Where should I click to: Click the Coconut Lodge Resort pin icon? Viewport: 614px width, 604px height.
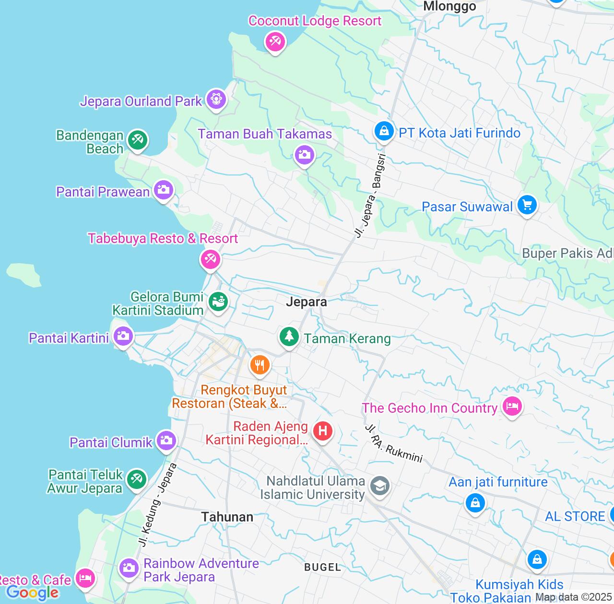[275, 42]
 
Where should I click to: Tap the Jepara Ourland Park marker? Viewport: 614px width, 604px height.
[216, 100]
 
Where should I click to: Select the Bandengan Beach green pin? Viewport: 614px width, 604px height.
[138, 140]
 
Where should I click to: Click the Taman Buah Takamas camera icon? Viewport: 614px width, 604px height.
[304, 155]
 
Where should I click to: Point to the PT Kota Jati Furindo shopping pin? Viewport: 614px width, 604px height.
[384, 130]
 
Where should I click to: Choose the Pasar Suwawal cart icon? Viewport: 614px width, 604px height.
[527, 205]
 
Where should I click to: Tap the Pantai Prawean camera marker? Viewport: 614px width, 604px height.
[164, 190]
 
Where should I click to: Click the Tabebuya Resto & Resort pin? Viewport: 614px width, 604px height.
[210, 259]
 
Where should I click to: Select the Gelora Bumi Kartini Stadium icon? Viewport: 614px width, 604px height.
[218, 302]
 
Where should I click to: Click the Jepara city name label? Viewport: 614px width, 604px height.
[307, 302]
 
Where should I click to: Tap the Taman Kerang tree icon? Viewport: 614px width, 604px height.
[289, 337]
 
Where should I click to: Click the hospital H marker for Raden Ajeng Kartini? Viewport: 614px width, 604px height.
[323, 431]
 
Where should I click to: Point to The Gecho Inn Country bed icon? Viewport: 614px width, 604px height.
[512, 407]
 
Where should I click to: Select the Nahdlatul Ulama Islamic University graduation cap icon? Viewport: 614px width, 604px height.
[380, 486]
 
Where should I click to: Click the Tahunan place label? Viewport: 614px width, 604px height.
[227, 517]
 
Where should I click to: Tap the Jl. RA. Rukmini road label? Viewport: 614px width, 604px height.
[394, 443]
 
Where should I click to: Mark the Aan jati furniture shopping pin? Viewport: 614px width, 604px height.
[475, 503]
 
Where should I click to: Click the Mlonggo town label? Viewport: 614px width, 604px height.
[449, 6]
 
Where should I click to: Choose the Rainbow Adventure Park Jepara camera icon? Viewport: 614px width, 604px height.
[129, 568]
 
